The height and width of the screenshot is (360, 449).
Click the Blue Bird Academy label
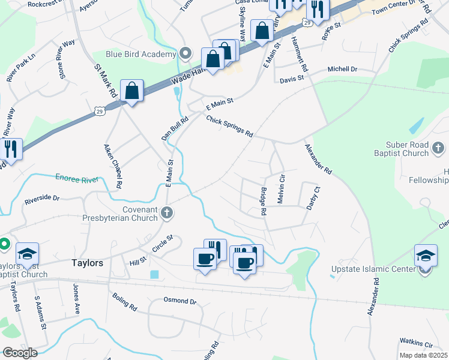pos(141,54)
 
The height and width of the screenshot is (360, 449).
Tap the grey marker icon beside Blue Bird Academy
pos(185,54)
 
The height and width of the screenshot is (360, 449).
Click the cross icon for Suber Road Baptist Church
pos(438,148)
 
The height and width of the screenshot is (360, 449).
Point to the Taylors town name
pos(88,263)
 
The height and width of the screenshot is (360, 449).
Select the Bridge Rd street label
pos(263,201)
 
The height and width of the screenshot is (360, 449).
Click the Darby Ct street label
pos(310,197)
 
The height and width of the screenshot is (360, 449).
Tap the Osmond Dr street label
pos(180,301)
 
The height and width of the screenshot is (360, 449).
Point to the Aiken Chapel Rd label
pos(110,163)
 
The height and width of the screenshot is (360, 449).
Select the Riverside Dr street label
pos(42,197)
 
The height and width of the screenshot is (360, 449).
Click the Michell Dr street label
pos(342,70)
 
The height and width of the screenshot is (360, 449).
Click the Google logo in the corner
pos(20,353)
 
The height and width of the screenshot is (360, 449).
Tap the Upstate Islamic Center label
pos(373,269)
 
